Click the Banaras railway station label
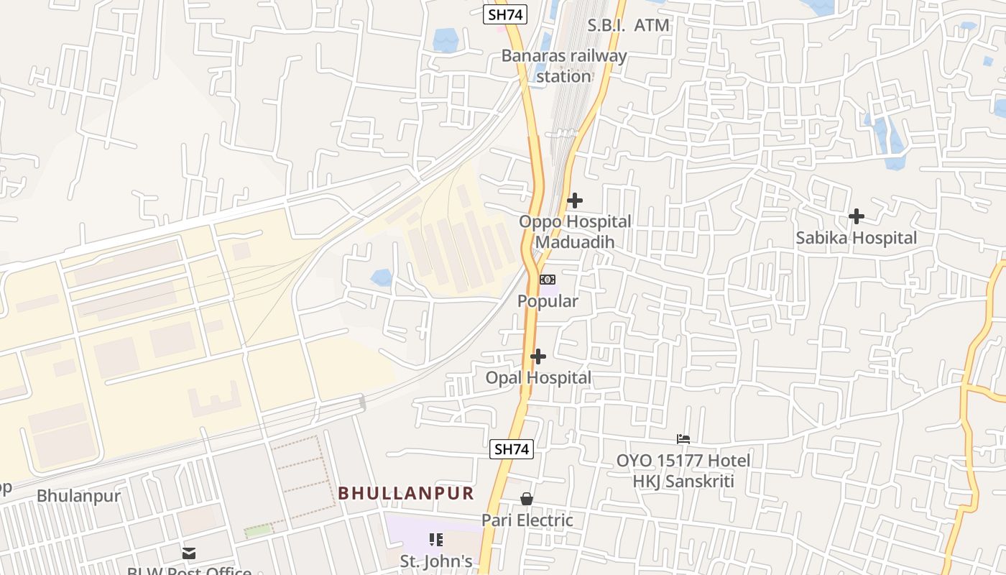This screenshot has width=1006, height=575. [564, 65]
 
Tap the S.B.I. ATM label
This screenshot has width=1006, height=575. [628, 25]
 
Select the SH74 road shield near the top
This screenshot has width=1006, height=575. [505, 14]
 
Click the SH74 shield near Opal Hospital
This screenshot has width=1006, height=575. [512, 449]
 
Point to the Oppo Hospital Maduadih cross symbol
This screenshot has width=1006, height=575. [575, 201]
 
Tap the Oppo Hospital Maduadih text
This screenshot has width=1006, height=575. [575, 231]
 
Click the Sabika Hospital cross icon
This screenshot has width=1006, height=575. [856, 216]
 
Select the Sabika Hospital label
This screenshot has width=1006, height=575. [856, 238]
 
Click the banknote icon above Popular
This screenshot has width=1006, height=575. [548, 280]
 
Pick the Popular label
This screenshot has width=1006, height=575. [548, 301]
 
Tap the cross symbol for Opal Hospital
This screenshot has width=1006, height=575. [538, 356]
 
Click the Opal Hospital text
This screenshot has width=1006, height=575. [538, 377]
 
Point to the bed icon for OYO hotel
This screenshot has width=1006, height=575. [683, 438]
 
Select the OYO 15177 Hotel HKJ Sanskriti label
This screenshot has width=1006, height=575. [683, 471]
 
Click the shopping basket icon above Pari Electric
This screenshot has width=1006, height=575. [527, 499]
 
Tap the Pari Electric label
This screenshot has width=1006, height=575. [527, 520]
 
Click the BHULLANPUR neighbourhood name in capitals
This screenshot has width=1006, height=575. [406, 493]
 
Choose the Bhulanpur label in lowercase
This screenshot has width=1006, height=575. [78, 496]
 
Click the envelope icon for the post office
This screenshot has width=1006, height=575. [189, 553]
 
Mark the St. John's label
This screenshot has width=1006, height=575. [436, 561]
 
